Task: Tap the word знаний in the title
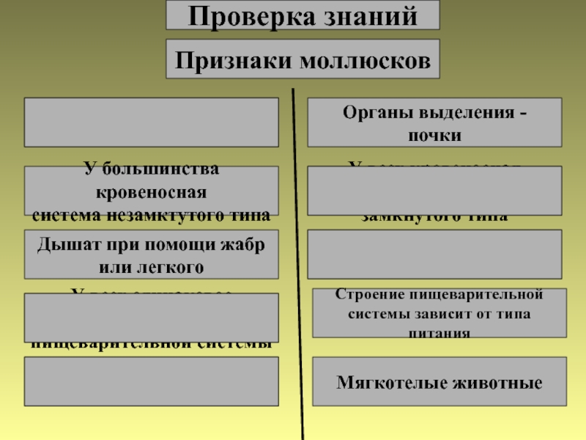[372, 16]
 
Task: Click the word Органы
[373, 114]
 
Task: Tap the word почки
[435, 135]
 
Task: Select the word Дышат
[67, 243]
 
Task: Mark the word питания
[439, 331]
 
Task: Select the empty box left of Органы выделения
[152, 122]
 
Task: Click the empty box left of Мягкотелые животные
[152, 381]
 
